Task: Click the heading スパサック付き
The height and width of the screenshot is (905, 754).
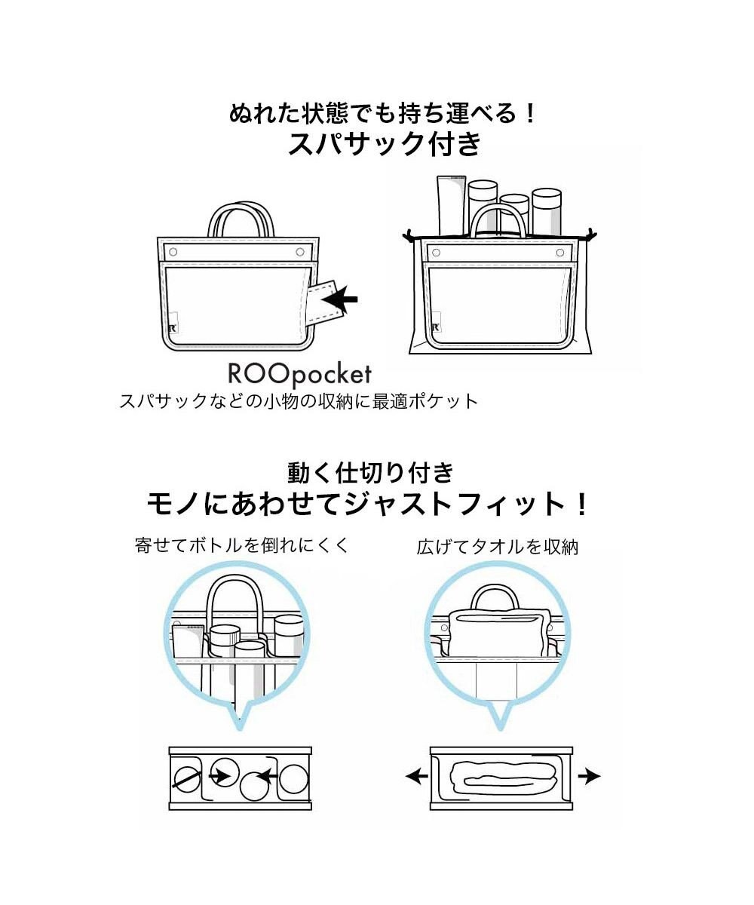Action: pyautogui.click(x=385, y=143)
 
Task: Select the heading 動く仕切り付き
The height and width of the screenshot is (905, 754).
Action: pyautogui.click(x=372, y=472)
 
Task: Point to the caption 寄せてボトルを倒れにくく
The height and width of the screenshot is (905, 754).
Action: pyautogui.click(x=242, y=545)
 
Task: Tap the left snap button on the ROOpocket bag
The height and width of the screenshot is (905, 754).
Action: pyautogui.click(x=173, y=250)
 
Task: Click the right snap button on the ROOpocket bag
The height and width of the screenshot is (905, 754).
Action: pyautogui.click(x=299, y=250)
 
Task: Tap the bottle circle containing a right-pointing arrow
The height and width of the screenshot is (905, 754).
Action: pyautogui.click(x=224, y=773)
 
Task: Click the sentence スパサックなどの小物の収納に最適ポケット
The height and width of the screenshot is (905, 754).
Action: pyautogui.click(x=299, y=401)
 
